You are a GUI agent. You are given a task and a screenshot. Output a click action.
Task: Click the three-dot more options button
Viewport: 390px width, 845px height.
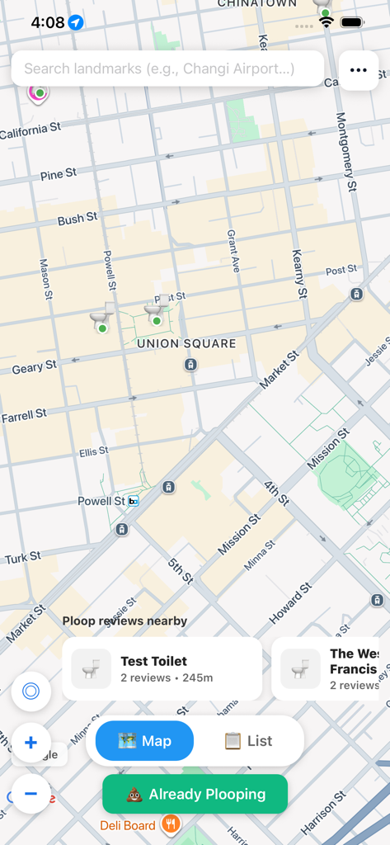pos(359,70)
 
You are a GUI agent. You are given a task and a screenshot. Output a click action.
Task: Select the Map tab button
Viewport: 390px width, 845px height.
pos(145,740)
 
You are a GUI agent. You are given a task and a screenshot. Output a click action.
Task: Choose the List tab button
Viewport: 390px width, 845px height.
pos(248,740)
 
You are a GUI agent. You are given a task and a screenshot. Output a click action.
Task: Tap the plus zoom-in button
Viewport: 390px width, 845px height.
pos(31,743)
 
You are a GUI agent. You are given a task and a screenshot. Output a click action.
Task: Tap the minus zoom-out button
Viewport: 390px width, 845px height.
pos(31,794)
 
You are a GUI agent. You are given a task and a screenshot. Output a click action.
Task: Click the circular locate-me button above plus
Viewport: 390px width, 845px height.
pos(31,692)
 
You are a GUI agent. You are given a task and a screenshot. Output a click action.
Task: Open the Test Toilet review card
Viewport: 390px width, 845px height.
pos(162,668)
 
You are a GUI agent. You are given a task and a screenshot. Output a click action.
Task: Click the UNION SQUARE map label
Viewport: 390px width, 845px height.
pos(186,343)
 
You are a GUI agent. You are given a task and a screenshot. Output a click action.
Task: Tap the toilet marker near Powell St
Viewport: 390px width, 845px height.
pos(101,320)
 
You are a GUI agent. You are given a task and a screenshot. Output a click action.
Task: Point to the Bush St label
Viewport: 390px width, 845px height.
pos(78,219)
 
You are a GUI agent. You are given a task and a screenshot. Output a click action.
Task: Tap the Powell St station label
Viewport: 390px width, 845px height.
pos(101,501)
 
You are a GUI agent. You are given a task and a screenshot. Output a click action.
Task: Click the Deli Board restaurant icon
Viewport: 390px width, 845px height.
pos(171,824)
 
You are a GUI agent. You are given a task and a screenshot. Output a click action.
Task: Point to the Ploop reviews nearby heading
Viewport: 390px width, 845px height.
pos(125,621)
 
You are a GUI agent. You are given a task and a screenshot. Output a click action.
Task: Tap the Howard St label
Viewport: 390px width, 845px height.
pos(290,602)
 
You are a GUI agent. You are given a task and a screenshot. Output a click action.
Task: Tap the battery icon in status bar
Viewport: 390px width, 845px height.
pos(352,22)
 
